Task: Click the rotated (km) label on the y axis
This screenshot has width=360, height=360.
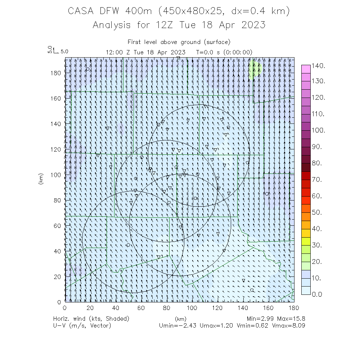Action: [x=40, y=179]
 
